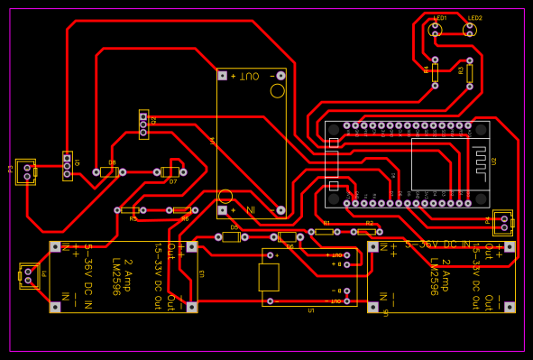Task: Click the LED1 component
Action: point(436,29)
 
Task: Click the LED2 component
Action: point(470,29)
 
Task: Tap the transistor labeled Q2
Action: point(143,124)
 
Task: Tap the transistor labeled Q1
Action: point(67,165)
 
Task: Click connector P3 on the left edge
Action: point(26,171)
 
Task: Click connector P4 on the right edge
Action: point(502,222)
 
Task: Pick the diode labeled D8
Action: point(109,171)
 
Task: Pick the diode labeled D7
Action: point(170,171)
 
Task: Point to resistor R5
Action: point(131,210)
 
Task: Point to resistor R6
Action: point(182,210)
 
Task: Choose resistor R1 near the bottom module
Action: point(325,232)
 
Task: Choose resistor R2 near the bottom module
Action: point(367,232)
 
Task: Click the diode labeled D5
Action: point(231,237)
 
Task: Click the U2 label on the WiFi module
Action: point(493,161)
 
